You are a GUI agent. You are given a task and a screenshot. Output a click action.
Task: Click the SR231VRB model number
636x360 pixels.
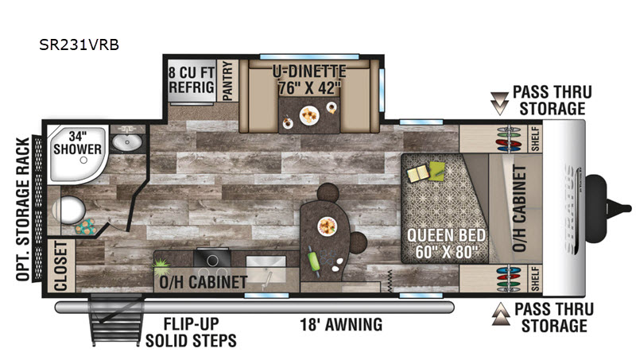(x=79, y=45)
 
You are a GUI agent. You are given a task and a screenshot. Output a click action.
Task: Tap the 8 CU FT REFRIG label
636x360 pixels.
(x=192, y=79)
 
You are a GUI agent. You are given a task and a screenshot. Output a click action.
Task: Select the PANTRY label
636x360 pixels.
(x=227, y=81)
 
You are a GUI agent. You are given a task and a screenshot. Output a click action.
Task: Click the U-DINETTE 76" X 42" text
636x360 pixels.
(x=309, y=79)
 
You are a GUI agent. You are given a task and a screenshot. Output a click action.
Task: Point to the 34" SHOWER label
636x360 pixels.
(x=77, y=143)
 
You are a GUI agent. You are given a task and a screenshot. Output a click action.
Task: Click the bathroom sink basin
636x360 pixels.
(x=127, y=142)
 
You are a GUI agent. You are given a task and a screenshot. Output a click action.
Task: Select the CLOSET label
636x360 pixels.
(x=60, y=266)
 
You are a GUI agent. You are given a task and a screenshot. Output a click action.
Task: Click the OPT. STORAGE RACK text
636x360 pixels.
(x=23, y=209)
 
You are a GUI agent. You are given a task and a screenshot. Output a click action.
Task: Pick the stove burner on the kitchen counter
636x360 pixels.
(x=212, y=260)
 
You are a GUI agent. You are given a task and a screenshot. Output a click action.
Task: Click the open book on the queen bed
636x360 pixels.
(x=418, y=174)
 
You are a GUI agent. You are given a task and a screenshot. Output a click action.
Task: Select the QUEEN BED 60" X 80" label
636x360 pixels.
(x=446, y=243)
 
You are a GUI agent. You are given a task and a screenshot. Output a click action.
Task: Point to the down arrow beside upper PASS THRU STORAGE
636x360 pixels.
(x=499, y=103)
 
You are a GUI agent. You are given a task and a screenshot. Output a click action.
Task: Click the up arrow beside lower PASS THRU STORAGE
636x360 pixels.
(x=501, y=314)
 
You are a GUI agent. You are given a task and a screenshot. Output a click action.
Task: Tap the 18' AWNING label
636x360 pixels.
(x=341, y=325)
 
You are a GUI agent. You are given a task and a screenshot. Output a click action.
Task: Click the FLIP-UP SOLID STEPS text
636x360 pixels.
(x=191, y=332)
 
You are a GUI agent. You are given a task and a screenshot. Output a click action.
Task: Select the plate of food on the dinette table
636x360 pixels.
(x=309, y=115)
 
